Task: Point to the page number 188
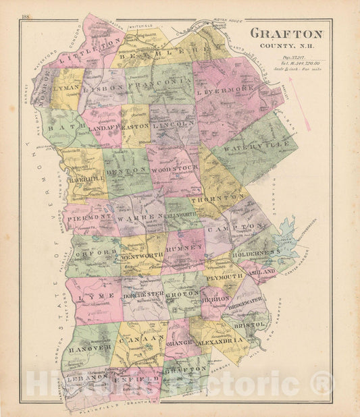point(26,16)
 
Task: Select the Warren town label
point(138,219)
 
